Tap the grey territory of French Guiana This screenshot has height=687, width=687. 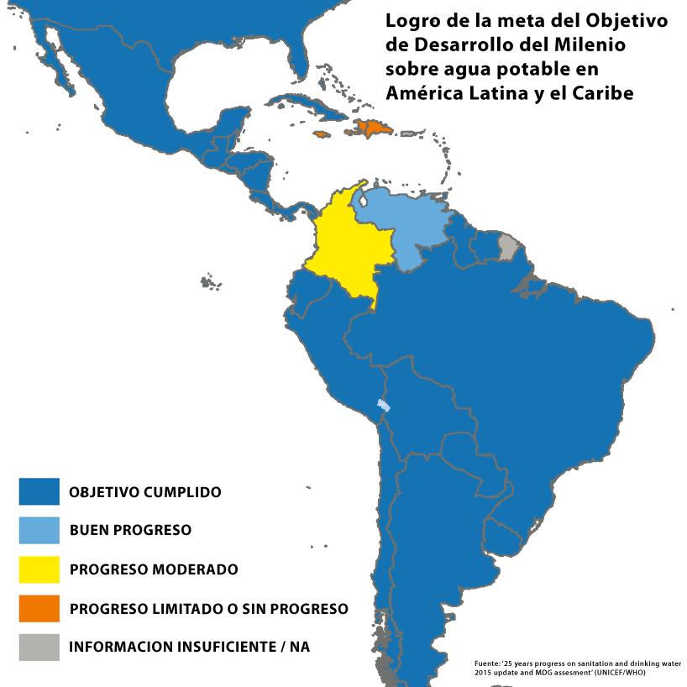click(x=508, y=247)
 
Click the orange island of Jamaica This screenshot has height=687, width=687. click(x=323, y=134)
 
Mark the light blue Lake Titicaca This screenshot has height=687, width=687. click(x=383, y=406)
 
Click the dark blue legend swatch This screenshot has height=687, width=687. click(x=39, y=491)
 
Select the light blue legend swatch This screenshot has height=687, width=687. click(x=39, y=530)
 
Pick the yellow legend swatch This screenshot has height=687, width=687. click(x=39, y=569)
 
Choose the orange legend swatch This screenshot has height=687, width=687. click(x=39, y=607)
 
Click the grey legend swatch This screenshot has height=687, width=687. click(x=39, y=647)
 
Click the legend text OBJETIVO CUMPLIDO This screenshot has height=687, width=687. click(x=145, y=492)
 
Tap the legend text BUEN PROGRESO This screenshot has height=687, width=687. click(x=130, y=531)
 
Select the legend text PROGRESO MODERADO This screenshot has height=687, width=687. click(x=154, y=569)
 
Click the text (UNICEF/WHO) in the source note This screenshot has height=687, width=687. click(x=621, y=673)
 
